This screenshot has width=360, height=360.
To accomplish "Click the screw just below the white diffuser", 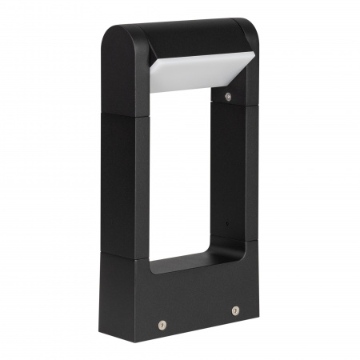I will (x=228, y=96).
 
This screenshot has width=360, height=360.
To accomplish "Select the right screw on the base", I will (x=235, y=310).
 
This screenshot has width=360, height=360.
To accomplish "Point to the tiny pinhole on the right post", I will (x=226, y=223).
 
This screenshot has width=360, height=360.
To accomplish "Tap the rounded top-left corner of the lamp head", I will (x=112, y=36).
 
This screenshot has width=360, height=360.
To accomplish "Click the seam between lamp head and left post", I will (x=124, y=114).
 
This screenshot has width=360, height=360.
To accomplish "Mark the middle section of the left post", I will (x=124, y=184).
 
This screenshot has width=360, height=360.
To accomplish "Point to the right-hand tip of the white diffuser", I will (x=254, y=57).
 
